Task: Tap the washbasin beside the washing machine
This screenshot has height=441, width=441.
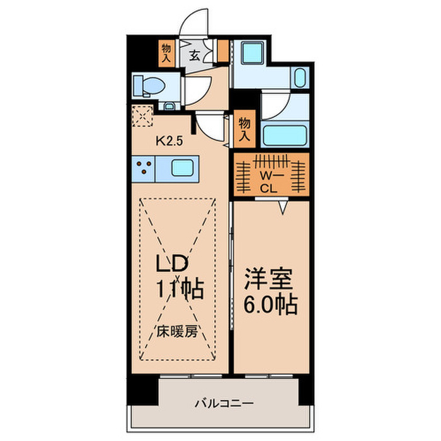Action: click(x=300, y=79)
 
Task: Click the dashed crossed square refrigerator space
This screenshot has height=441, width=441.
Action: click(x=142, y=117)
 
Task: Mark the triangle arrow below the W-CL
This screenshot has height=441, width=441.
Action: click(x=285, y=207)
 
